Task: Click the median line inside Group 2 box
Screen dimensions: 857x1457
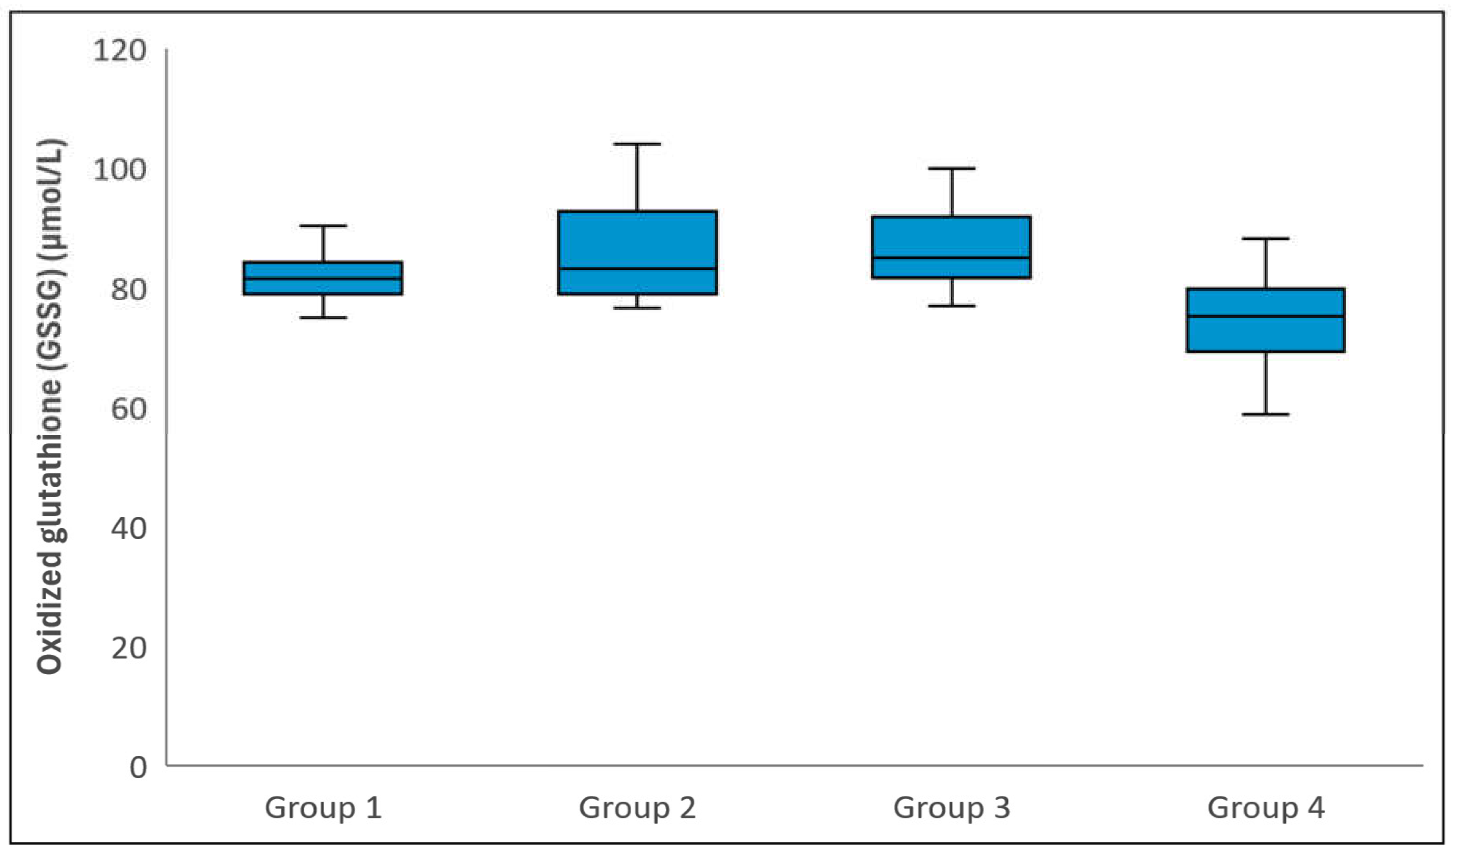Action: pyautogui.click(x=637, y=269)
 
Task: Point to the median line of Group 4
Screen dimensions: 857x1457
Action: pyautogui.click(x=1266, y=316)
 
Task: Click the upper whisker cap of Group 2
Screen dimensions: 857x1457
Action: pyautogui.click(x=637, y=144)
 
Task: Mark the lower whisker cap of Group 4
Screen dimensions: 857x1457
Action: pyautogui.click(x=1266, y=414)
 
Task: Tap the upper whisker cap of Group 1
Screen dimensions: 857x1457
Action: pyautogui.click(x=323, y=226)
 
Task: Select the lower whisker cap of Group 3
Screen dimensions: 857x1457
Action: pyautogui.click(x=951, y=306)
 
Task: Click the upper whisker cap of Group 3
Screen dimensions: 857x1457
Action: pyautogui.click(x=951, y=169)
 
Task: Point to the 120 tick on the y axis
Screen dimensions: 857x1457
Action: pyautogui.click(x=119, y=51)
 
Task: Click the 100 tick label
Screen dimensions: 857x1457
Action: pyautogui.click(x=119, y=170)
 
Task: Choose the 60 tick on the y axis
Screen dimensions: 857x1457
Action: pyautogui.click(x=128, y=409)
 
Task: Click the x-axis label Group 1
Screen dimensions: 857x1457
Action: pyautogui.click(x=323, y=808)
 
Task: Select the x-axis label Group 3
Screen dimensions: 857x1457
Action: pyautogui.click(x=951, y=808)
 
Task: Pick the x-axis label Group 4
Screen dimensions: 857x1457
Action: pyautogui.click(x=1266, y=808)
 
